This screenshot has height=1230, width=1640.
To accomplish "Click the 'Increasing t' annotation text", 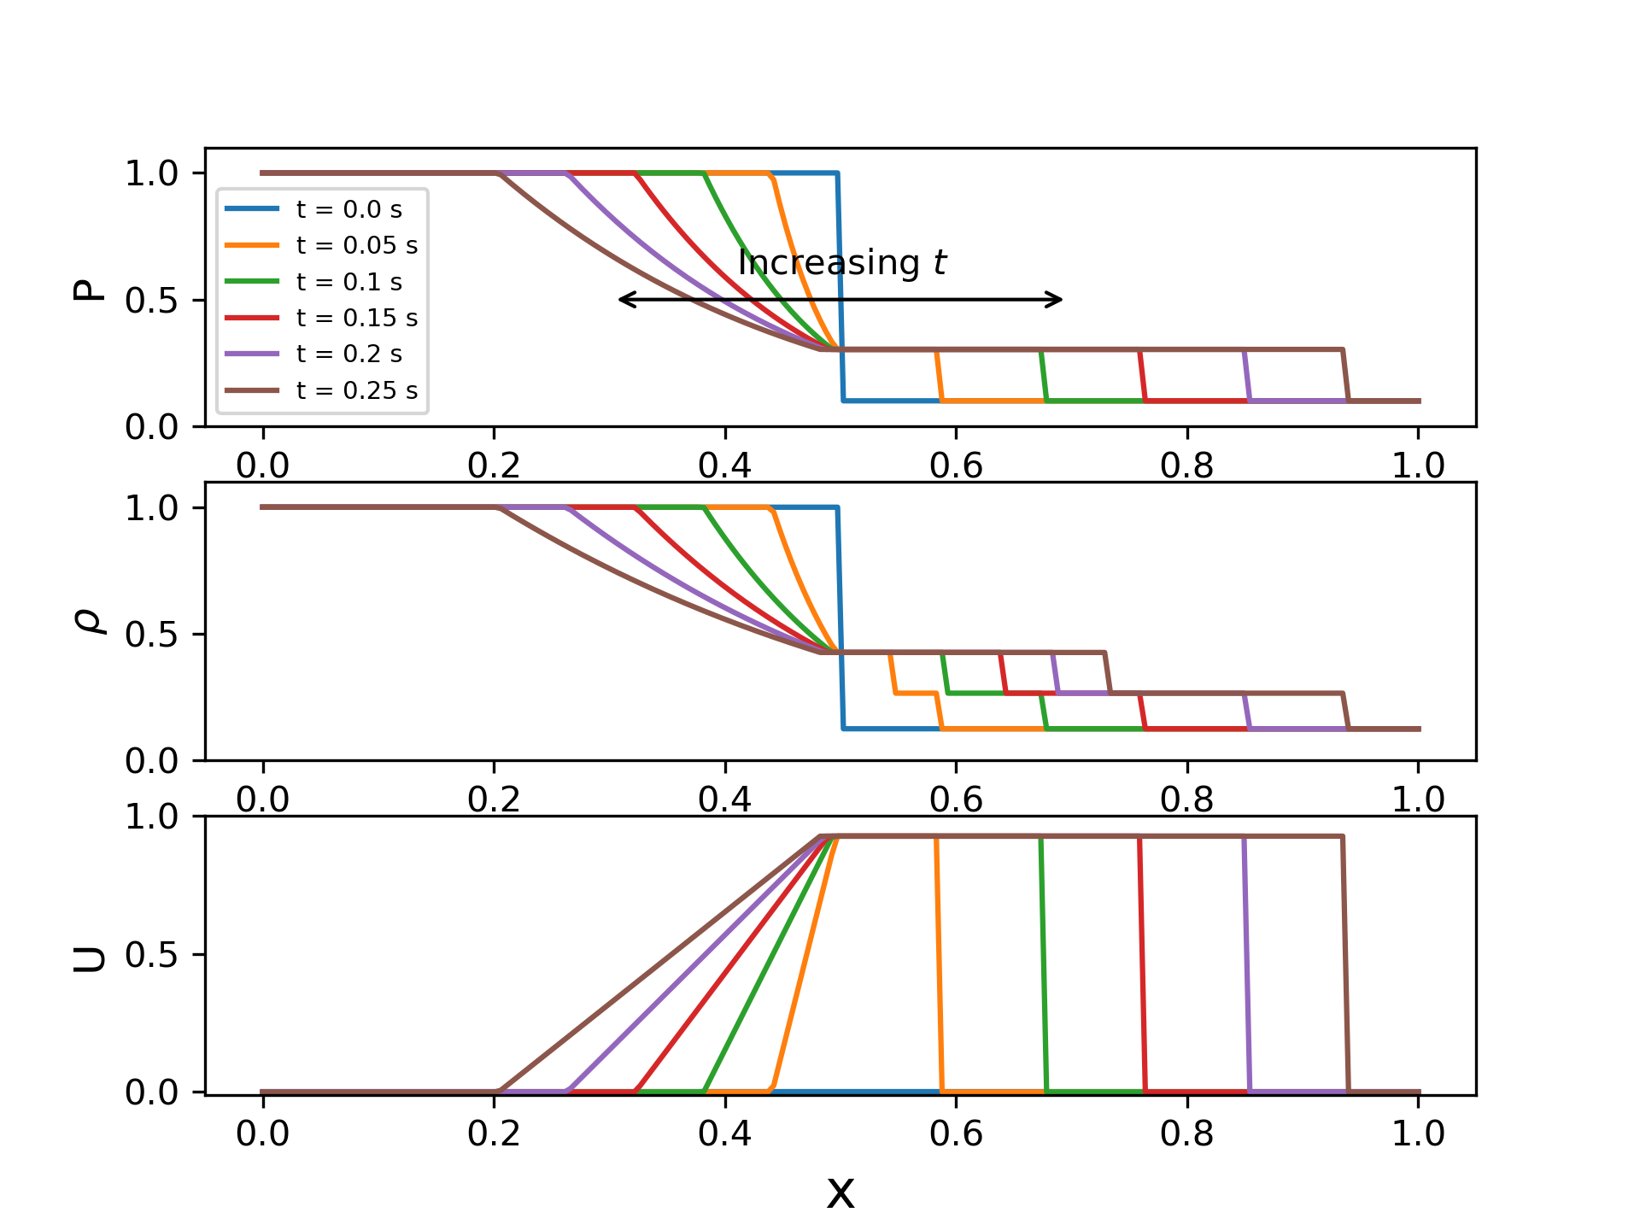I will pos(842,262).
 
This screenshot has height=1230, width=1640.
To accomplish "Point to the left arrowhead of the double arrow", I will pos(623,300).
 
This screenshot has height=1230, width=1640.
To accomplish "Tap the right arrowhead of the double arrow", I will pos(1058,300).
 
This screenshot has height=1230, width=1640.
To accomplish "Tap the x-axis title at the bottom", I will pos(840,1192).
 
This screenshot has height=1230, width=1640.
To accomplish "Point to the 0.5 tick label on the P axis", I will pos(151,301).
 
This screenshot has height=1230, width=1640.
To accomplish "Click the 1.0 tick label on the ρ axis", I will pos(151,508).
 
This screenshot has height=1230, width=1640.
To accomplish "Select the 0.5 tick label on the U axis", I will pos(151,955).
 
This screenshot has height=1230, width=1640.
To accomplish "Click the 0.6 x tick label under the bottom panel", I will pos(956,1133).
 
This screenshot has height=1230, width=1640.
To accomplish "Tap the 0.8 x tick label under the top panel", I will pos(1187,466).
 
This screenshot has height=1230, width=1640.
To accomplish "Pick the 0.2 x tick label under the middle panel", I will pos(494,799).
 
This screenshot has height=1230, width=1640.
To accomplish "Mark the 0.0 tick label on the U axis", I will pos(151,1092).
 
